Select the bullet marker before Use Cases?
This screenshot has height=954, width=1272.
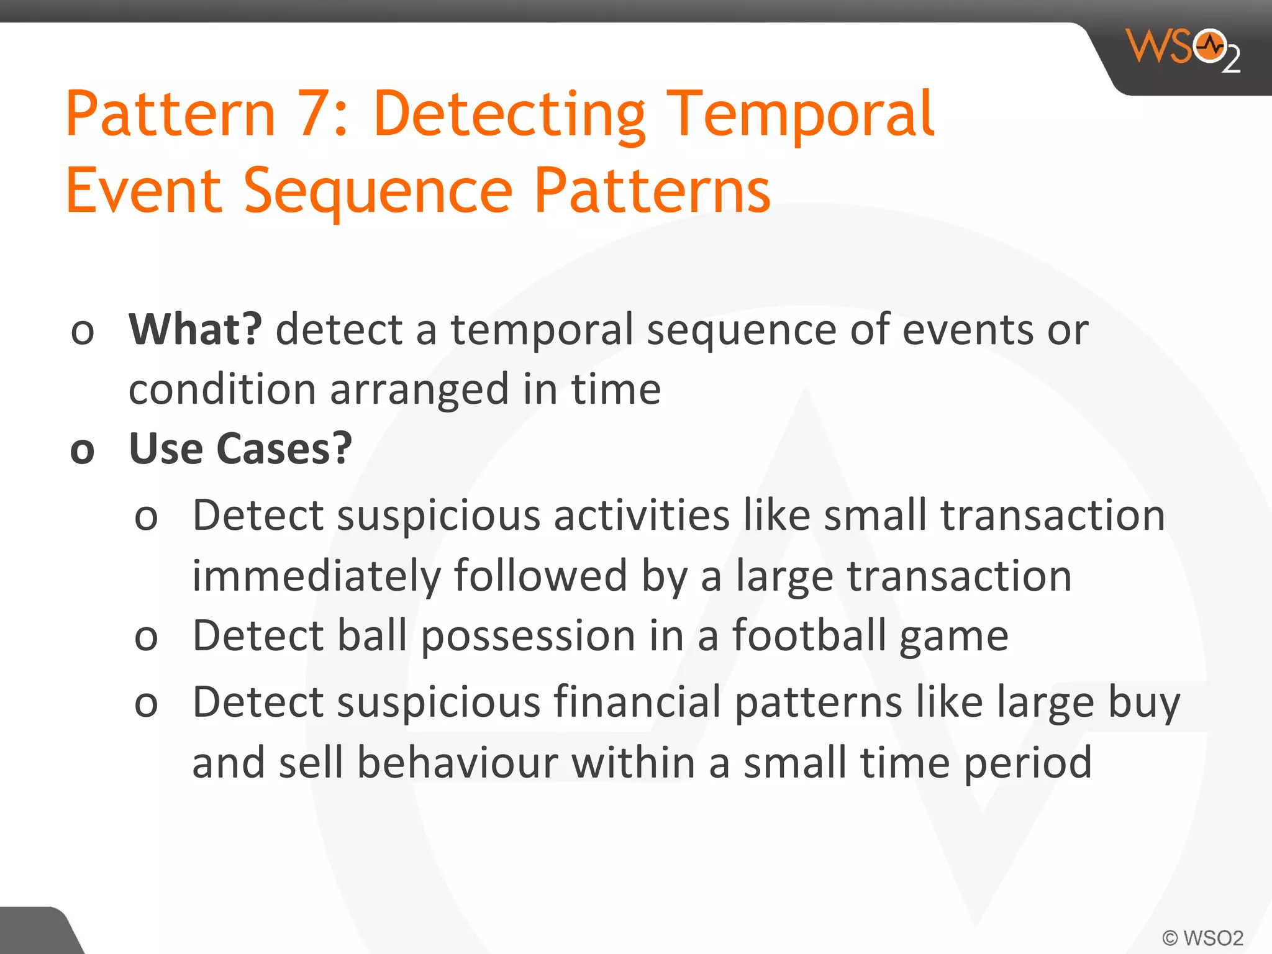[83, 451]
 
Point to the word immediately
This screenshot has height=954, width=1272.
[316, 576]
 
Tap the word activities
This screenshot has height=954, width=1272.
[642, 516]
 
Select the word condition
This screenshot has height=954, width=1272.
[222, 389]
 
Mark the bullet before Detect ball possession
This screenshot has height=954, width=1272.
[147, 638]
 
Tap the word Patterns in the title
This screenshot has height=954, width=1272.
[652, 191]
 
